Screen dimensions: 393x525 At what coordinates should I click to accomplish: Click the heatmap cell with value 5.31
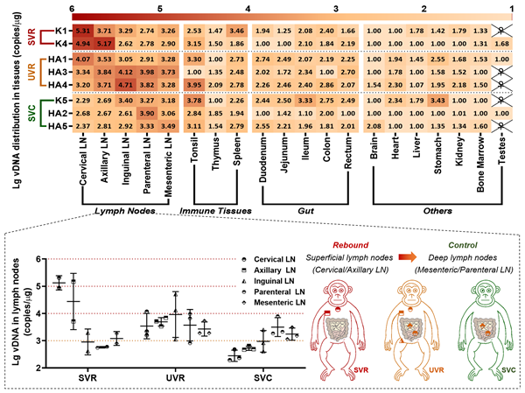pyautogui.click(x=81, y=31)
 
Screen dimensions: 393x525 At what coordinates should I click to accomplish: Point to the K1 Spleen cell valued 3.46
pyautogui.click(x=236, y=31)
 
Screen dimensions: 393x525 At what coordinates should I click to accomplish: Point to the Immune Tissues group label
pyautogui.click(x=214, y=211)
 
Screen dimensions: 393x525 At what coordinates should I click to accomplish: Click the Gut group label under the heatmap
pyautogui.click(x=306, y=211)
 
